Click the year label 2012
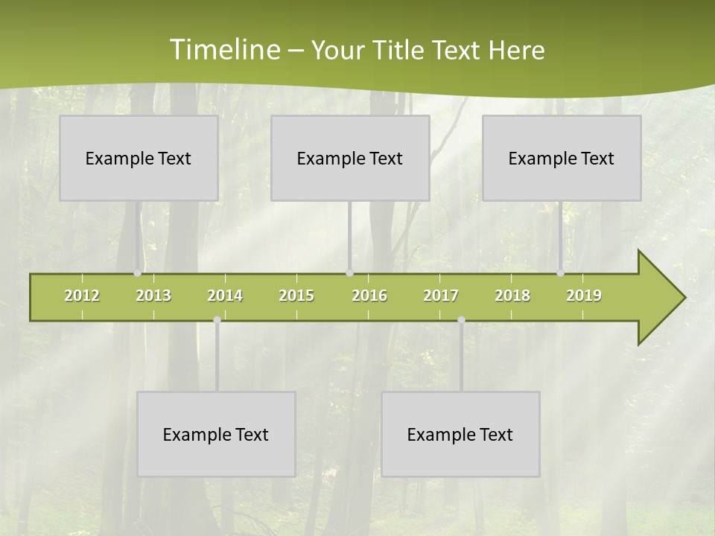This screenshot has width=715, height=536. (x=82, y=296)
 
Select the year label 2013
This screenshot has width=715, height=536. (x=153, y=296)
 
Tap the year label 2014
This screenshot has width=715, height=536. (x=225, y=296)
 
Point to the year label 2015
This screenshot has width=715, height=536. (x=296, y=296)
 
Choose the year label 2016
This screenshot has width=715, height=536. (x=369, y=296)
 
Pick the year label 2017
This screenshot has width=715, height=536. (x=441, y=296)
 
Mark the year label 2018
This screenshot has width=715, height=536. (x=512, y=296)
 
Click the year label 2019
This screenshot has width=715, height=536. (x=584, y=296)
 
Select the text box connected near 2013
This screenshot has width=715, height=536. (x=139, y=159)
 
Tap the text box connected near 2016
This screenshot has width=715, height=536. (x=350, y=159)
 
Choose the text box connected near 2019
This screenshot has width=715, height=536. (x=562, y=159)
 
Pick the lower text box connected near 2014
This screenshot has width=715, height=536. (x=216, y=435)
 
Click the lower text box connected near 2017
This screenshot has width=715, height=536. (x=460, y=435)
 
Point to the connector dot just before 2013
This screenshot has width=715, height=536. (x=137, y=273)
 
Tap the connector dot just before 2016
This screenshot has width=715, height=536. (x=349, y=273)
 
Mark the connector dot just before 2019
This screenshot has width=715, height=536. (x=560, y=273)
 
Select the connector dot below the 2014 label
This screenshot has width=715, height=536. (x=217, y=320)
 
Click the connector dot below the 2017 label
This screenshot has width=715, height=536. (x=461, y=320)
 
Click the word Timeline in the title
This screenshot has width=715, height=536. (x=224, y=50)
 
